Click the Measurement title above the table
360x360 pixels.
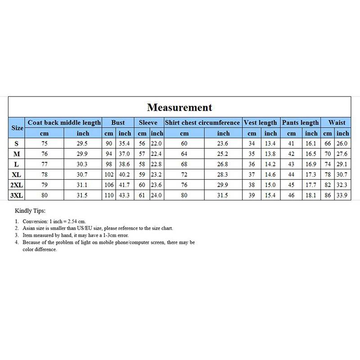(179, 108)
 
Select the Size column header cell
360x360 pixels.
(17, 128)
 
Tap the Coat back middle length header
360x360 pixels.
(64, 122)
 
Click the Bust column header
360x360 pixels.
(118, 122)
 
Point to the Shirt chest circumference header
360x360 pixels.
(202, 122)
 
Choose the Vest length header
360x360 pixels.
(261, 122)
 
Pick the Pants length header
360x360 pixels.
(300, 122)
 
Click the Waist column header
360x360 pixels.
(337, 122)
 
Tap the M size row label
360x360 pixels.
(17, 154)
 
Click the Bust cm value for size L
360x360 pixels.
(109, 165)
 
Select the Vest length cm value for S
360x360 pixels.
(252, 144)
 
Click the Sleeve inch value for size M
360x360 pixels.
(157, 154)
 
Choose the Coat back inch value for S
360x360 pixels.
(83, 144)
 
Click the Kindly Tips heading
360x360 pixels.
(30, 210)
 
